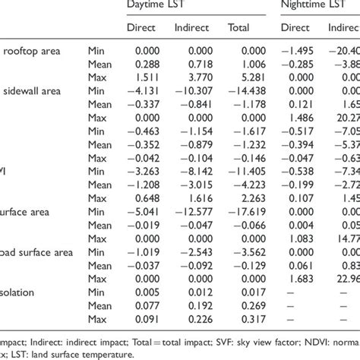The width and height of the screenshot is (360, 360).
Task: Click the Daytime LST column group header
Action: [x=160, y=5]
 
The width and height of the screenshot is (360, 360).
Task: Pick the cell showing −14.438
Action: [x=239, y=90]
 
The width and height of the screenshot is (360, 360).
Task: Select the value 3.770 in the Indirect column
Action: [x=194, y=77]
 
